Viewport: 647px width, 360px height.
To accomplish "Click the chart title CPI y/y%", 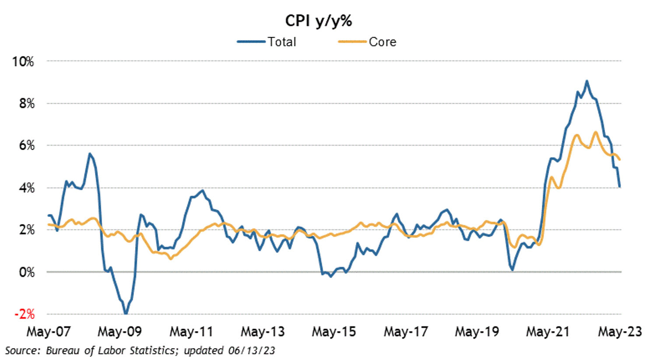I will (x=318, y=21).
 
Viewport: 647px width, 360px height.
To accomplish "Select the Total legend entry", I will (x=281, y=42).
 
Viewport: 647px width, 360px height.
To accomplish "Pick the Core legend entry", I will (x=382, y=42).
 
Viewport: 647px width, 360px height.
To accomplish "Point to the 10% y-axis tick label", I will (x=23, y=61).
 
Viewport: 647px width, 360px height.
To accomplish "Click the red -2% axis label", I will (x=24, y=314).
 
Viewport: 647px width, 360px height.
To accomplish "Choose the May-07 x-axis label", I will (x=49, y=332).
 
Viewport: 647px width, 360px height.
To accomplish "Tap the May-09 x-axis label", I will (x=120, y=332).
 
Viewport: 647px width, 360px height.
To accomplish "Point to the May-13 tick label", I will (x=263, y=332).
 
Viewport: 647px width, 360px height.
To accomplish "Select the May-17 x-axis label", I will (x=405, y=332).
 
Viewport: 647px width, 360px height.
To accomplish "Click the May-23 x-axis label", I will (x=619, y=332).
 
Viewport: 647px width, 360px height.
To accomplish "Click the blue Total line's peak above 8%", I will (x=587, y=81).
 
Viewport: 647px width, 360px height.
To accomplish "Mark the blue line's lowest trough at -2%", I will (x=126, y=313).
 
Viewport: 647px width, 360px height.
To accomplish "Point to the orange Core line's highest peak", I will (x=595, y=132).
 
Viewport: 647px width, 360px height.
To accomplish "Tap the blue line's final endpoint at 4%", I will (x=620, y=187).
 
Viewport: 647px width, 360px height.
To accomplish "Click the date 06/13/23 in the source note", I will (x=251, y=350).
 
